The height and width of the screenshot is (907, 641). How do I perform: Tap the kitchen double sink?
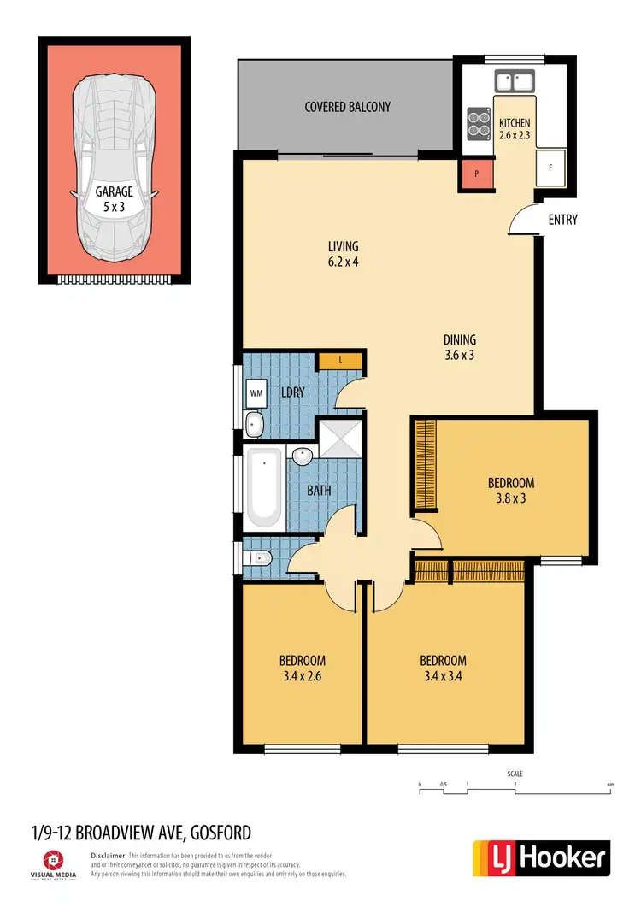point(515,81)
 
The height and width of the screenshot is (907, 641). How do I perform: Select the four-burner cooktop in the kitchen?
point(479,124)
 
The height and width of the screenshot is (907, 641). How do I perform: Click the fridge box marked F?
point(550,168)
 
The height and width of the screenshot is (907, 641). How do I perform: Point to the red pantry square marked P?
point(476,174)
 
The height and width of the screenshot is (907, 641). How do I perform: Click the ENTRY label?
point(562,220)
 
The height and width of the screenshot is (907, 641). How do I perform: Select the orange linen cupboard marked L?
point(341,361)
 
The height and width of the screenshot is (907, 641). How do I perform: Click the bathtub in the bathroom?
point(265,488)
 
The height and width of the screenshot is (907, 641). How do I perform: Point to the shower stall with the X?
point(340,441)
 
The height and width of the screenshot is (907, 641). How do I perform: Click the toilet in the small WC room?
point(258,558)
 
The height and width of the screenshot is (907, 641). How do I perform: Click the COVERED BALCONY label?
point(347,107)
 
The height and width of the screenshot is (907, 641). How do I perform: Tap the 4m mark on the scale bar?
point(609,785)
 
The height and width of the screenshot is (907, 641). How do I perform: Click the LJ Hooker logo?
point(541,857)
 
